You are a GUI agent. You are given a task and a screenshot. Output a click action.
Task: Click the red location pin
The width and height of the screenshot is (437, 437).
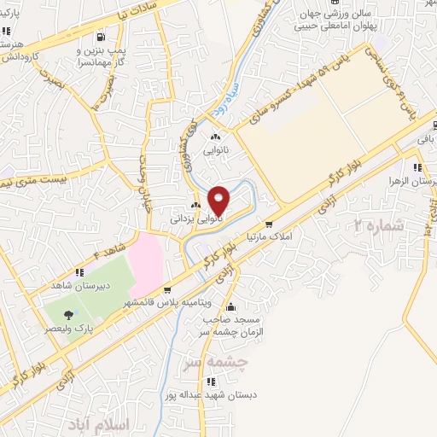point(219,200)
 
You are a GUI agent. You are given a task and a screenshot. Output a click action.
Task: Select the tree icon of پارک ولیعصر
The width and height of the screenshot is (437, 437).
point(68,314)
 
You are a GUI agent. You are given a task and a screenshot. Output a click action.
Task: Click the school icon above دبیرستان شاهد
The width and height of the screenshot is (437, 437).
point(79,272)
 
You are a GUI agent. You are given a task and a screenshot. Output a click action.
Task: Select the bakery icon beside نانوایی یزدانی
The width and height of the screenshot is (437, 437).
point(195,205)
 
